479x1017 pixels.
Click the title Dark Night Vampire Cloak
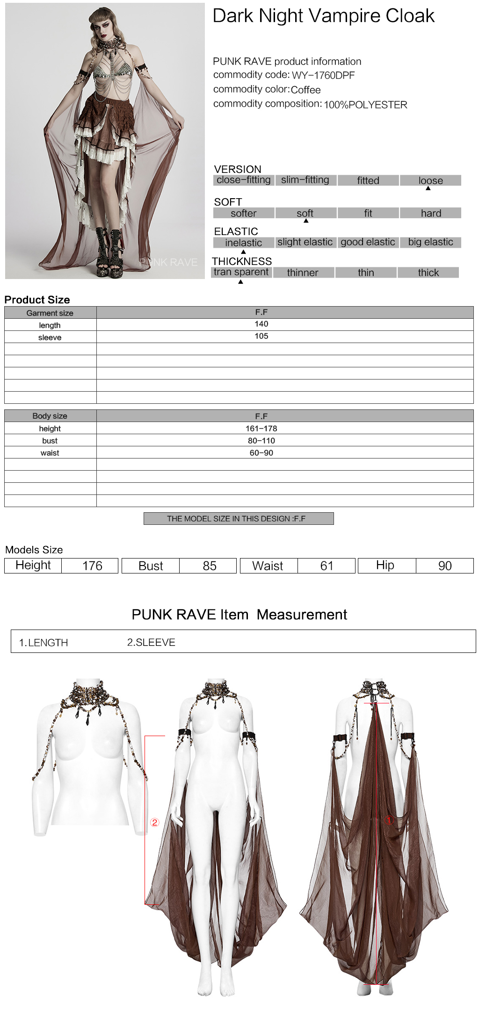[323, 16]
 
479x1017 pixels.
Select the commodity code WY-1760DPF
[323, 75]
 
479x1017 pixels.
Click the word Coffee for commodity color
[305, 90]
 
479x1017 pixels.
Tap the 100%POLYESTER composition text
[365, 105]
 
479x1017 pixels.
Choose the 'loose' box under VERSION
[430, 180]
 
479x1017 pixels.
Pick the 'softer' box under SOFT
[243, 213]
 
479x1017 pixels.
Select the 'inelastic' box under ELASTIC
[243, 243]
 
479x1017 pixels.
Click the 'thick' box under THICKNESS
[428, 272]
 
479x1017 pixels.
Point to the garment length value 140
[261, 324]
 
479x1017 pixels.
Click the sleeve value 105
[261, 336]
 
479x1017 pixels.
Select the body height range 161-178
[261, 429]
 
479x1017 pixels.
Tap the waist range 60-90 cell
[261, 453]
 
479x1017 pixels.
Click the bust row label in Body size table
[50, 441]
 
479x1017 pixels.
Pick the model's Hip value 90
[445, 566]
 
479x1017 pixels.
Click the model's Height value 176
[92, 566]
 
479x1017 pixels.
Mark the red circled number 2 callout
[155, 823]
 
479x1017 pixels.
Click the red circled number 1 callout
[389, 820]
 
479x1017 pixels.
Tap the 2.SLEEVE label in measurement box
[151, 643]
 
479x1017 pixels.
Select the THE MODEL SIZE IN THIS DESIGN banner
[239, 519]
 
